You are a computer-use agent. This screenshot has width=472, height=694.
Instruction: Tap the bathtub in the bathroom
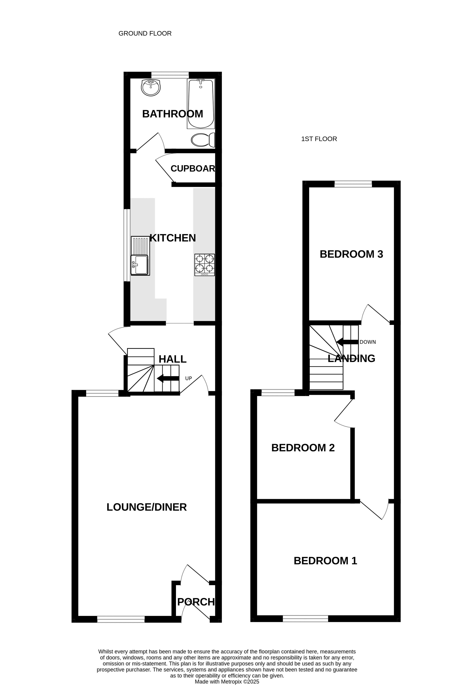[x=201, y=104]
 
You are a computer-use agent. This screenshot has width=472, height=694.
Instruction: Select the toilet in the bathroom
[x=203, y=140]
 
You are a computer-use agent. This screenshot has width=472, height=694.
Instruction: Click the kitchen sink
[x=140, y=256]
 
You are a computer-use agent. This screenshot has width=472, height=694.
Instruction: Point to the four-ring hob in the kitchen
[x=205, y=265]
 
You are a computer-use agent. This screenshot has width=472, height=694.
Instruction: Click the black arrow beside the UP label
[x=168, y=378]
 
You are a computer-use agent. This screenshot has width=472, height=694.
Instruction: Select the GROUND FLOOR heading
[x=145, y=33]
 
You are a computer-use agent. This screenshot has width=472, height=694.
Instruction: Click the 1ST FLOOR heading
[x=319, y=139]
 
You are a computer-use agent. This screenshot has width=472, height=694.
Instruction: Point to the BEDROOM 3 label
[x=351, y=254]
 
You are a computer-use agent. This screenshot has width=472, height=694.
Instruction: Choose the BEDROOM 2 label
[x=303, y=448]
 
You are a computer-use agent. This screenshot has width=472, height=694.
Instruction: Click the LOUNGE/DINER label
[x=147, y=507]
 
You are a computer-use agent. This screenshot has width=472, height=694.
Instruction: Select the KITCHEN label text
[x=173, y=238]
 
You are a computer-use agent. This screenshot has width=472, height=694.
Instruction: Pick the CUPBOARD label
[x=193, y=168]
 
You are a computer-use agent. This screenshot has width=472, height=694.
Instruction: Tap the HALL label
[x=172, y=359]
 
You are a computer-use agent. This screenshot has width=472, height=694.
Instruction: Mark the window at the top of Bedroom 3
[x=353, y=184]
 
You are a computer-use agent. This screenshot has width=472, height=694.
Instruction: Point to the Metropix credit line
[x=227, y=682]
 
